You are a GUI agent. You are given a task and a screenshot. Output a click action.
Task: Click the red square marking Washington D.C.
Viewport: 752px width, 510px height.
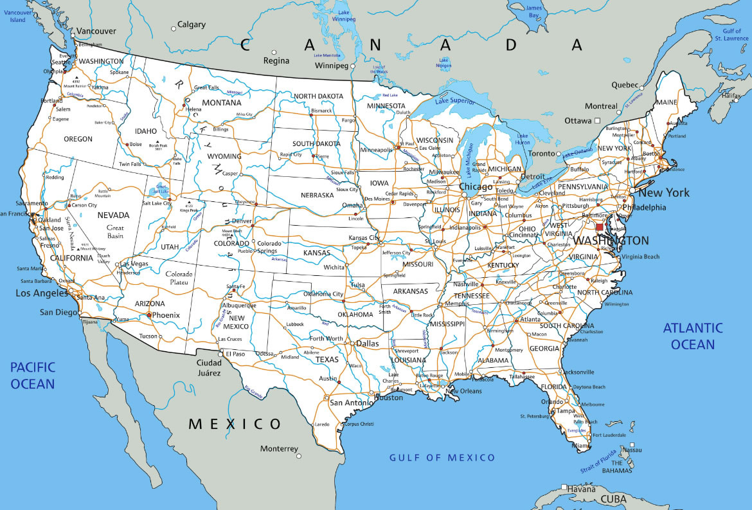(x=600, y=227)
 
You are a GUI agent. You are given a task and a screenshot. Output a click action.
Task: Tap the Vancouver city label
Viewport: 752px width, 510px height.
(x=96, y=31)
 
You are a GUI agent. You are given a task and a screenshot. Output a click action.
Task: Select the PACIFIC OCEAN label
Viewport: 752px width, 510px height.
(x=32, y=376)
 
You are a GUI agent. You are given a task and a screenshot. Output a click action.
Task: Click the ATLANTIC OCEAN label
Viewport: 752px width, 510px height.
(x=693, y=336)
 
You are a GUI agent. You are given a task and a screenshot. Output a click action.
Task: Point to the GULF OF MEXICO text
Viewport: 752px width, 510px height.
(x=443, y=457)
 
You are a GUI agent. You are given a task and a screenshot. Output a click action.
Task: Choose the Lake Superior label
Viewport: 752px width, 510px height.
(x=454, y=100)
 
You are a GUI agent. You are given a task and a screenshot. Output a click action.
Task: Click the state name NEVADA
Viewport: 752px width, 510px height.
(x=113, y=215)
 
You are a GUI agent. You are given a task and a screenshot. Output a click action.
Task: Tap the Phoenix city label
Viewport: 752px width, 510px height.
(x=166, y=315)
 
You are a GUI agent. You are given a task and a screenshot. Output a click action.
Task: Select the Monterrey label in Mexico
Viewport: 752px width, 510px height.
(x=279, y=448)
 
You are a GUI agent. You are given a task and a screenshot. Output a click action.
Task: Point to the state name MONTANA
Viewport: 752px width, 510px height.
(x=221, y=103)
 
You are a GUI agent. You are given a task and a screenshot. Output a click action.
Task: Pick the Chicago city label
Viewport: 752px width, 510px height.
(x=475, y=187)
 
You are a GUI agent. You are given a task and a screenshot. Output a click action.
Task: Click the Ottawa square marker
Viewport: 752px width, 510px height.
(x=597, y=120)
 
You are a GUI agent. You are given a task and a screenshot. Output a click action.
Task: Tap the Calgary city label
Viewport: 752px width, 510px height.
(x=191, y=25)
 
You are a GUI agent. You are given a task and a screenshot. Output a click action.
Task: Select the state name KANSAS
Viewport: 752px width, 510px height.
(x=316, y=253)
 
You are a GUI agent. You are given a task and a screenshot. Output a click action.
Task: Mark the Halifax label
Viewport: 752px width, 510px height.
(x=731, y=96)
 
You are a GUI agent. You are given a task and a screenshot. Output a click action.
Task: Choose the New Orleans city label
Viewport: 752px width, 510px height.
(x=464, y=391)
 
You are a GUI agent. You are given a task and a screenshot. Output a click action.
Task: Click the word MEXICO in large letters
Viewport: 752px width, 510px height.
(x=235, y=424)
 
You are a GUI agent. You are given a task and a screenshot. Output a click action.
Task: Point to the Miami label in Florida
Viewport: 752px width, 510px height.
(x=580, y=446)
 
